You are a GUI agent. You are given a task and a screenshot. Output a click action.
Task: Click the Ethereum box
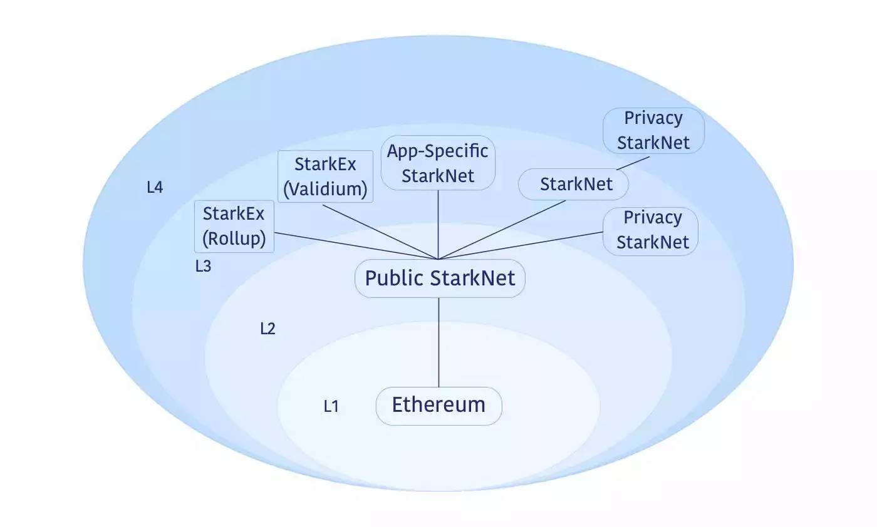[438, 406]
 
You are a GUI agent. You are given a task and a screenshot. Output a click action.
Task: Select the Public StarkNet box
[440, 279]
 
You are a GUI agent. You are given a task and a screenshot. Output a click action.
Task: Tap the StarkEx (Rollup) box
[234, 226]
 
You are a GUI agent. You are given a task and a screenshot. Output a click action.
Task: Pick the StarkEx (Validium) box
[325, 177]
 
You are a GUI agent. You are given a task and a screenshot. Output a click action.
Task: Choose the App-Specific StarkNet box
[438, 163]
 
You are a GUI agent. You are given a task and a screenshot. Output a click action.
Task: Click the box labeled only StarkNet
[574, 184]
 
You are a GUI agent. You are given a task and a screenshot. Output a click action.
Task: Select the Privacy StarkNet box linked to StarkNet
[653, 130]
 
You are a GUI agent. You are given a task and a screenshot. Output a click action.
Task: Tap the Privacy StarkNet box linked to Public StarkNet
[651, 230]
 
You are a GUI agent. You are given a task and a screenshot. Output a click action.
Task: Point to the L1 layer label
[331, 406]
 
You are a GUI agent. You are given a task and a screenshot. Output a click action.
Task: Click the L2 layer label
[267, 329]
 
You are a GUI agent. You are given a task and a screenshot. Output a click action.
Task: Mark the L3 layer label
[203, 266]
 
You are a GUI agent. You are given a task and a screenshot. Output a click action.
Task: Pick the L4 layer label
[155, 187]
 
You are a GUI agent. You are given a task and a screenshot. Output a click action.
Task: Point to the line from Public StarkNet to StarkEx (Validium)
[380, 230]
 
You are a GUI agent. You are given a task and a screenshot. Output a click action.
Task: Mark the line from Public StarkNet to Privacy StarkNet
[520, 245]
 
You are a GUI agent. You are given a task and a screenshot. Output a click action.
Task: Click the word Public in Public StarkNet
[394, 279]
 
